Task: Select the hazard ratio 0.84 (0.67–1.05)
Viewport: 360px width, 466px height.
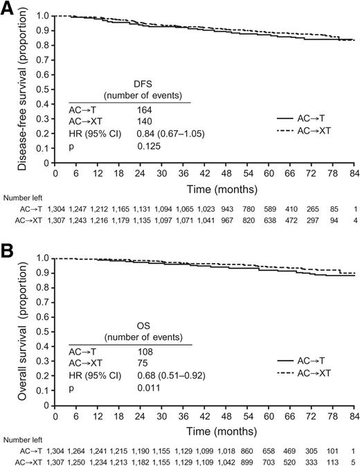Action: click(x=168, y=134)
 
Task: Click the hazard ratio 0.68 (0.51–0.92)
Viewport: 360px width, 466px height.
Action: click(x=168, y=376)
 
